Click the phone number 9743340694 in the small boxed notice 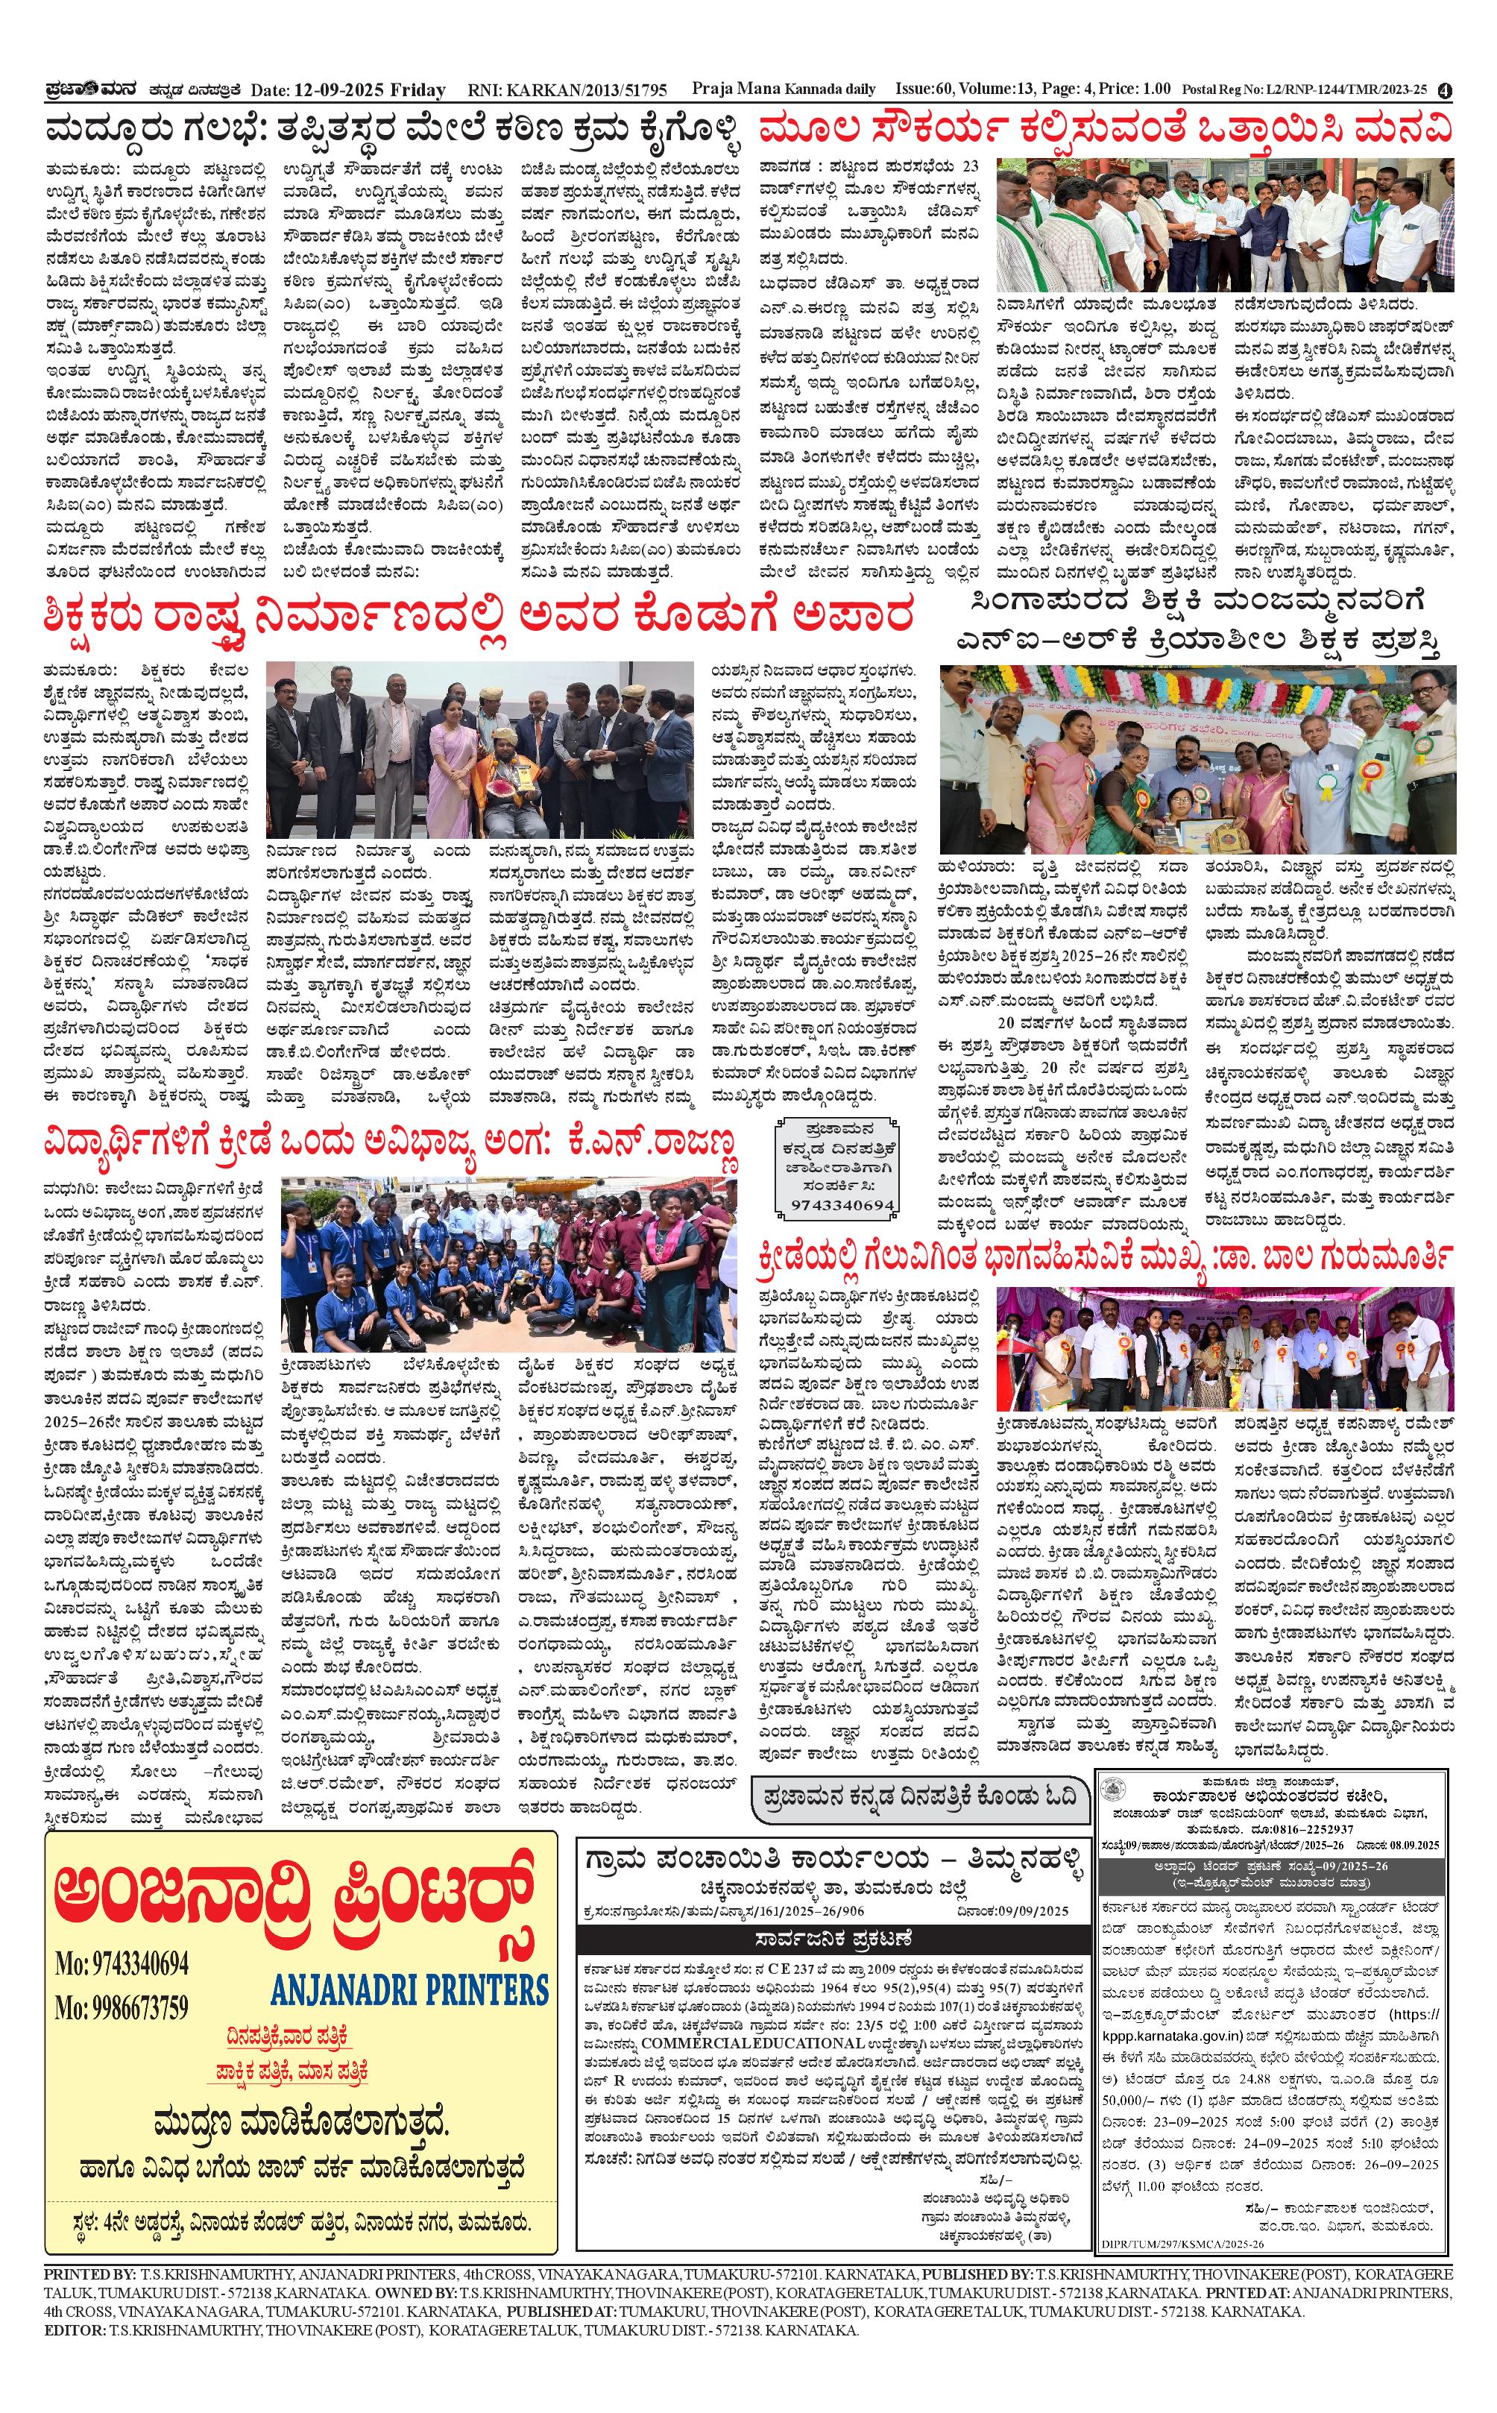pyautogui.click(x=842, y=1205)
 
